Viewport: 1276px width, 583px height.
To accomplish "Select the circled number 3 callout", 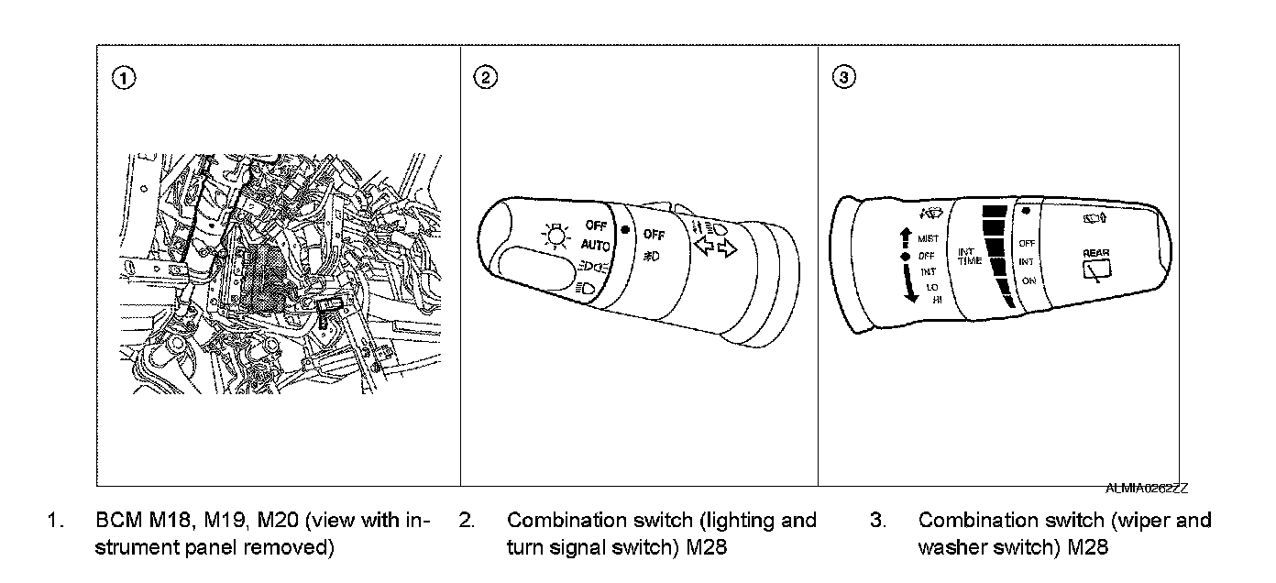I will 846,78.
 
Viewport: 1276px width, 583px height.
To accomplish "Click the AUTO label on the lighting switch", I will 595,245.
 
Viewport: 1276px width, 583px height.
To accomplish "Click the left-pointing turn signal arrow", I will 703,247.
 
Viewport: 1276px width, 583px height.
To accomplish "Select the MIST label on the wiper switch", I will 928,239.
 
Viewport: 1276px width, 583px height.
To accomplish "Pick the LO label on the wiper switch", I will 931,287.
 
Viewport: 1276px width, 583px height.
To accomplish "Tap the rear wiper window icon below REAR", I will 1096,269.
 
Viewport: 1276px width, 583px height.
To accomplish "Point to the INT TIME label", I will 970,256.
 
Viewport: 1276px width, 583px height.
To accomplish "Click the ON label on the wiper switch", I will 1028,280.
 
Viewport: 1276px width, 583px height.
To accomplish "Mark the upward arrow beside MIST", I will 907,236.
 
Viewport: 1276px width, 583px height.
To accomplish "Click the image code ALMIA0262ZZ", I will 1148,489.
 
